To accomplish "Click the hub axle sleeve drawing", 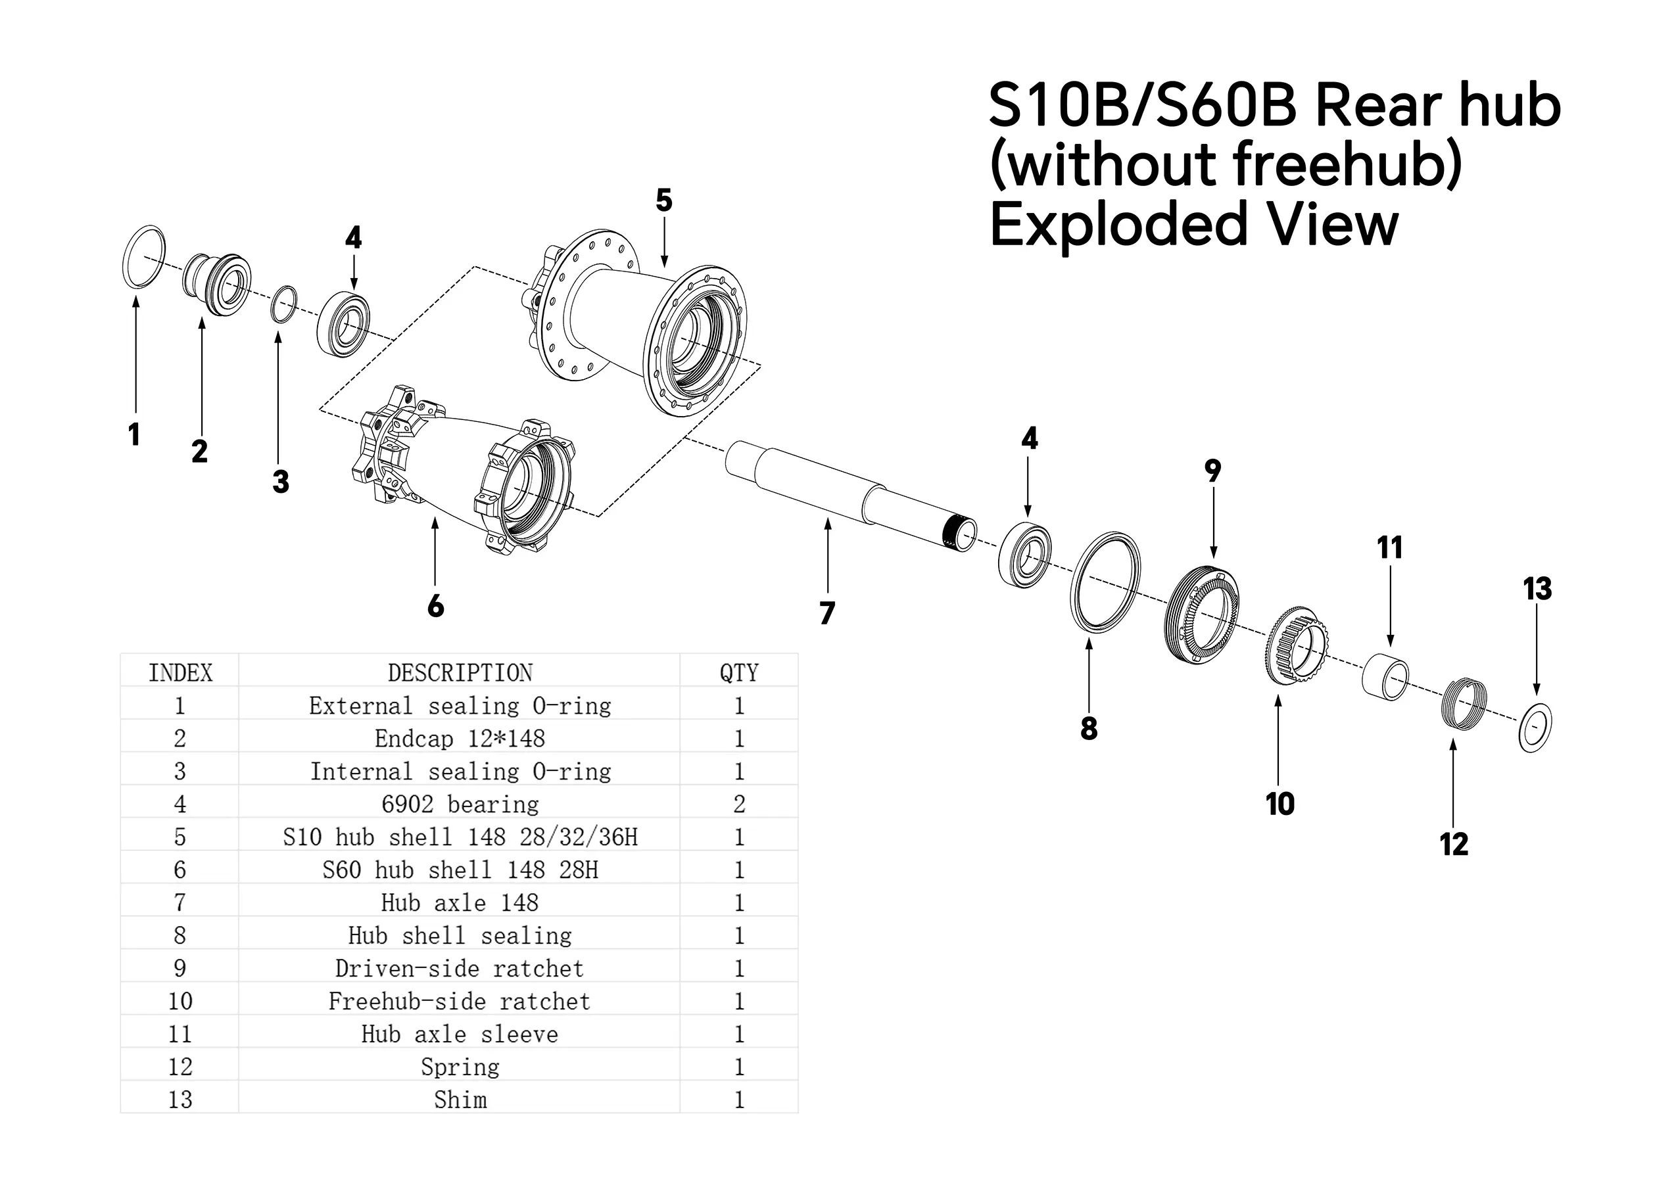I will (x=1385, y=676).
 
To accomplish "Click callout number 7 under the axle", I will (x=826, y=613).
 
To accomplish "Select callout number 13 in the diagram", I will (x=1537, y=589).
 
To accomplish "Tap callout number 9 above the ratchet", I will (x=1212, y=471).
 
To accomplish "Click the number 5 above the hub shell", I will (x=663, y=200).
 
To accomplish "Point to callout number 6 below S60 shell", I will (x=435, y=605).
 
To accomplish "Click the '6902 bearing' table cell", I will (x=460, y=804).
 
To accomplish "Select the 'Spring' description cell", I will (x=460, y=1067).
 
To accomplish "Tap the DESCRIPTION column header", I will (x=460, y=672).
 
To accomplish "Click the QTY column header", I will (x=738, y=672).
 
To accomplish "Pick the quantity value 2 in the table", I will (x=738, y=804).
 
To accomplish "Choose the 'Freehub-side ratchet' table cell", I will (x=460, y=1001).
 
